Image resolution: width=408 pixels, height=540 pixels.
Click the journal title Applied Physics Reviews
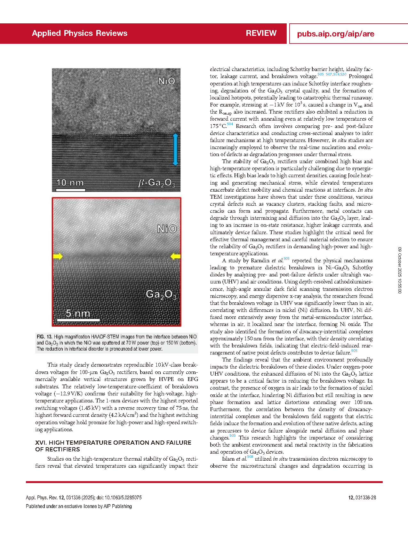coord(79,33)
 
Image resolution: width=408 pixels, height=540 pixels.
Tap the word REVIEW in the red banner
coord(261,33)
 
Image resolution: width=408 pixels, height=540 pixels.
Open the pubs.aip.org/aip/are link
coord(335,34)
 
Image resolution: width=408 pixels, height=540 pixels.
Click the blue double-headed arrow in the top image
coord(175,149)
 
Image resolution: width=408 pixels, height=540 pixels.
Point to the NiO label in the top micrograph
coord(166,81)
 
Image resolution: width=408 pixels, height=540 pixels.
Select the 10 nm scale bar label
coord(70,183)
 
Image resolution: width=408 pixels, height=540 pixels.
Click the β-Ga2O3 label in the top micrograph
coord(156,183)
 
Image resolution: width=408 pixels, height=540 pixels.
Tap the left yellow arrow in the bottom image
coord(58,256)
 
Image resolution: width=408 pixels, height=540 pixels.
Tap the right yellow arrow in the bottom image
coord(175,256)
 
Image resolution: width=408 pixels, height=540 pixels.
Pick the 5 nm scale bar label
coord(78,313)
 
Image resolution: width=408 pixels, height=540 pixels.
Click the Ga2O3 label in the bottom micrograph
coord(161,294)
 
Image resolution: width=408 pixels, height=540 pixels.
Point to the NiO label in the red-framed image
coord(167,229)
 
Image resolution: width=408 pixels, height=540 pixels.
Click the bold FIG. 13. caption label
coord(44,337)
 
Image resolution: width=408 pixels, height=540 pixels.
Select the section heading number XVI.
coord(41,442)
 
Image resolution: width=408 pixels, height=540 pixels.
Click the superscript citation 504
coord(230,124)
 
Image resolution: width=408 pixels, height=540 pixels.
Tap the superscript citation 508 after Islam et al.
coord(250,457)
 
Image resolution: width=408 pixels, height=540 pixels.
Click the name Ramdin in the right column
coord(260,260)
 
